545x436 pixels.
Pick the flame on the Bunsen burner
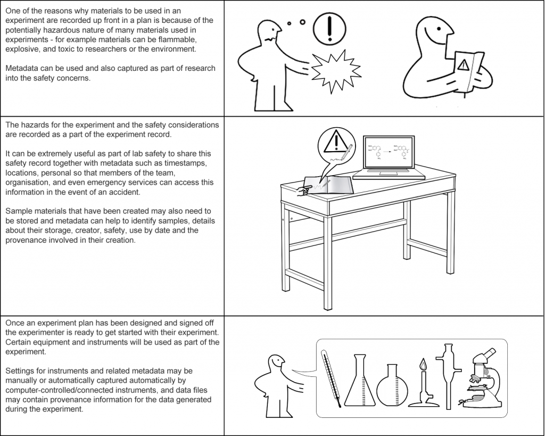pos(423,365)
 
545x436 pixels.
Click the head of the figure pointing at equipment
pos(276,364)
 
